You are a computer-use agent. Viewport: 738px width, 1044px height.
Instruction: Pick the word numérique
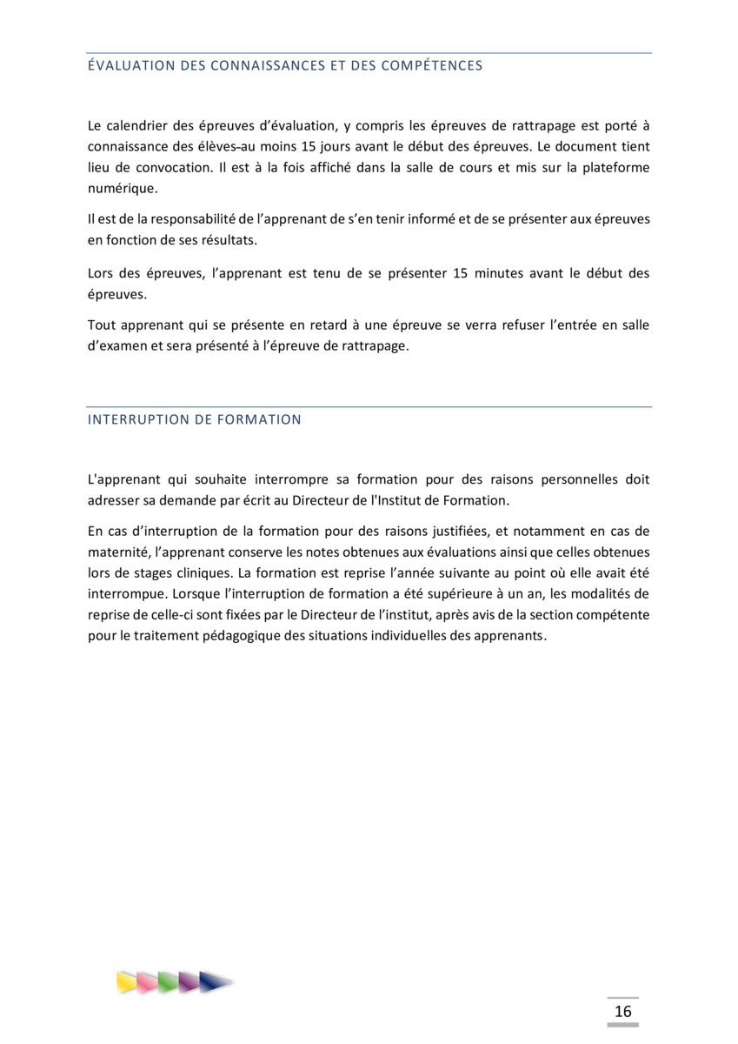coord(123,188)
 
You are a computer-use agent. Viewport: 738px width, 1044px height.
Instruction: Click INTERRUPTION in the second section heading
coord(136,419)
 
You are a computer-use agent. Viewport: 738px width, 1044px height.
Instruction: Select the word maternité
coord(117,552)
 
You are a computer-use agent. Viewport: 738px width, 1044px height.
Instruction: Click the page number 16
coord(622,1011)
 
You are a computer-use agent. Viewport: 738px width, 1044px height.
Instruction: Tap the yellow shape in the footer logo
coord(128,982)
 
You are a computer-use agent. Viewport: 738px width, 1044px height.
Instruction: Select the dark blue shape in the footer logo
coord(214,982)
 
